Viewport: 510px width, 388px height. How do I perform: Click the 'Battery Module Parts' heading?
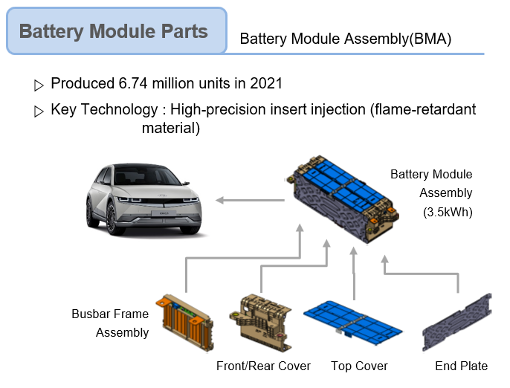pyautogui.click(x=114, y=31)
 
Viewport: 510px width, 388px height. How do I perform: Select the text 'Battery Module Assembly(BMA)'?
pyautogui.click(x=346, y=39)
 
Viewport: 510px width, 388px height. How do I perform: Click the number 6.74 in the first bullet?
pyautogui.click(x=133, y=83)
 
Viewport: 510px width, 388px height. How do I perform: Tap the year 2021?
pyautogui.click(x=266, y=83)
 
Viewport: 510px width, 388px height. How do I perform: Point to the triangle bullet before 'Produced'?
pyautogui.click(x=39, y=85)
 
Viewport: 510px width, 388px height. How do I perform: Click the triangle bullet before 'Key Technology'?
pyautogui.click(x=39, y=111)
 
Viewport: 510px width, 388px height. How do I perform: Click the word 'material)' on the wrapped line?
pyautogui.click(x=171, y=128)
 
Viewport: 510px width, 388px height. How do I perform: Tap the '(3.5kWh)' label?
pyautogui.click(x=448, y=212)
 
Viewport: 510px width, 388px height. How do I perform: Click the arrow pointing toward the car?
pyautogui.click(x=250, y=200)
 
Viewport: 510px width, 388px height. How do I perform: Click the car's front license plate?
pyautogui.click(x=164, y=213)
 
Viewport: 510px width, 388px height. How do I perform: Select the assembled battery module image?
pyautogui.click(x=343, y=199)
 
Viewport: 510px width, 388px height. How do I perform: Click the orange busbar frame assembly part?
pyautogui.click(x=184, y=322)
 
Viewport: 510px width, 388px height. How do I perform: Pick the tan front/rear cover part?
pyautogui.click(x=261, y=322)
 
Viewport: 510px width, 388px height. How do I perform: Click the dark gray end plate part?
pyautogui.click(x=457, y=322)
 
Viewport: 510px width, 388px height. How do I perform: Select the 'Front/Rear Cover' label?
pyautogui.click(x=263, y=366)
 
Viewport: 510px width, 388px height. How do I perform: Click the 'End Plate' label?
pyautogui.click(x=462, y=366)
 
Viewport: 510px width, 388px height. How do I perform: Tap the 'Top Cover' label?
pyautogui.click(x=359, y=366)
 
